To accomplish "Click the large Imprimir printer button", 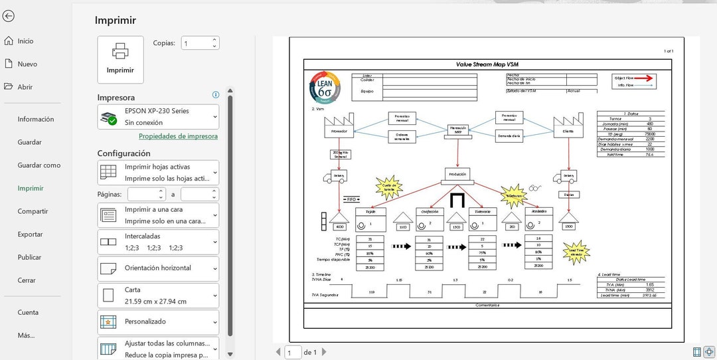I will click(x=120, y=59).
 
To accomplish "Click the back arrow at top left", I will click(x=9, y=16).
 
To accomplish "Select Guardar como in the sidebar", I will click(x=39, y=165).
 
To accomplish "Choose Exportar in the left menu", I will click(x=30, y=234).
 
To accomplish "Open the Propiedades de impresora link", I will click(x=178, y=136).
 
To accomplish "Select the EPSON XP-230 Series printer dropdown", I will click(x=158, y=117).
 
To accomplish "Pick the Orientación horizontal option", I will click(x=158, y=268).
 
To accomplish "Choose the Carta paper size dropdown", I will click(x=158, y=296).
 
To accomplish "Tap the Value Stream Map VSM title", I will click(x=488, y=64).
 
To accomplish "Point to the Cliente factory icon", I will click(x=568, y=127).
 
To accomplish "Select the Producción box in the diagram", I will click(x=458, y=175).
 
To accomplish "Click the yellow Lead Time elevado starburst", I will click(x=575, y=252).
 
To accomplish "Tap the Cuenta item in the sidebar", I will click(x=28, y=312).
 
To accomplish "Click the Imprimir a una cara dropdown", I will click(x=158, y=215).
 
